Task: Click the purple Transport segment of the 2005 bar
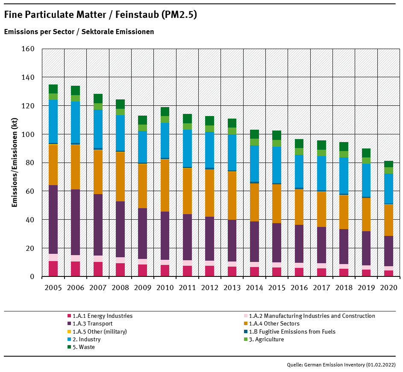(53, 219)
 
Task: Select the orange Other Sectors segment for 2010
(165, 185)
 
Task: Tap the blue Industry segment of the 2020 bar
(388, 189)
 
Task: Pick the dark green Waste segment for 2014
(254, 134)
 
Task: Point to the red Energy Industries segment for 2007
(98, 269)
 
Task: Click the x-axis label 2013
(232, 288)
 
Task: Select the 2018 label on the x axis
(344, 288)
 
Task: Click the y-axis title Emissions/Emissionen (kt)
(15, 163)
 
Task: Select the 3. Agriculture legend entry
(266, 339)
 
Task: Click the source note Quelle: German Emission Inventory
(341, 365)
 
